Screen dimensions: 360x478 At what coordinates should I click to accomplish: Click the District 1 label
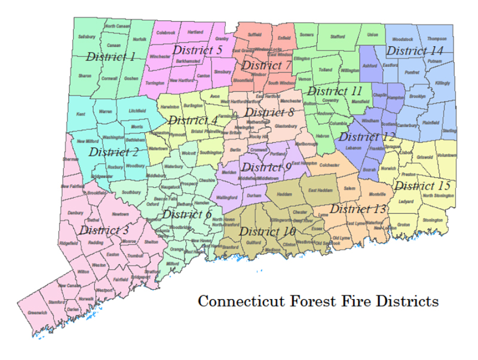[x=111, y=57]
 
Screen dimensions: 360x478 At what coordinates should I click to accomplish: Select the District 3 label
[x=104, y=230]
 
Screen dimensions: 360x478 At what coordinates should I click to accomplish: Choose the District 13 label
[x=358, y=209]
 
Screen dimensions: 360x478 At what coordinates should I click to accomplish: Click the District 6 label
[x=187, y=213]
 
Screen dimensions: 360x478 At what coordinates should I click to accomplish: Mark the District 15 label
[x=422, y=185]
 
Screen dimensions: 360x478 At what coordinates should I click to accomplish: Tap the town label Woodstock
[x=403, y=39]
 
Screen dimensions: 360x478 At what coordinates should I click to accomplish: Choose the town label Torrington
[x=155, y=82]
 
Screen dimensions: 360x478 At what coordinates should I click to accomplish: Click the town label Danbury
[x=75, y=213]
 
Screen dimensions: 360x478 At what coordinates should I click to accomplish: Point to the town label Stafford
[x=338, y=36]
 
